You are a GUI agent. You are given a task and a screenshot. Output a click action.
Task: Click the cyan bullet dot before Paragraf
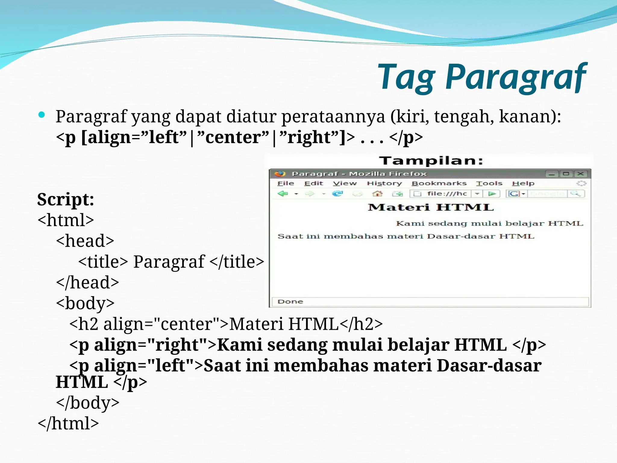pos(42,115)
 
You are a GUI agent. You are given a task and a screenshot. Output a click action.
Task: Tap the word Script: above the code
pos(66,200)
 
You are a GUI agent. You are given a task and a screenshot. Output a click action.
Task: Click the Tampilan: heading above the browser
pos(431,161)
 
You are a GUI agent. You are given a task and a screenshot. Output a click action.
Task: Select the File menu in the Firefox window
pos(285,183)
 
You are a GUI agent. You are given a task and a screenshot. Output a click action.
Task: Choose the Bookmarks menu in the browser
pos(439,183)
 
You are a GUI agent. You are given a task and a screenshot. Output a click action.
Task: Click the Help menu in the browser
pos(523,183)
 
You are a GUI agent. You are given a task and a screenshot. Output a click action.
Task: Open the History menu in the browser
pos(384,183)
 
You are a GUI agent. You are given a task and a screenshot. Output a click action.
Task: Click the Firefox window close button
pos(581,174)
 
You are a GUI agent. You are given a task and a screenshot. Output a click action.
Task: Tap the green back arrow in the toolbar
pos(283,194)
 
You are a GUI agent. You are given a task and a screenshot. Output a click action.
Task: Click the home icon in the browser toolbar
pos(377,194)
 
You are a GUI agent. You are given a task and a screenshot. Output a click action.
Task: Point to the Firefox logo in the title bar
pos(280,174)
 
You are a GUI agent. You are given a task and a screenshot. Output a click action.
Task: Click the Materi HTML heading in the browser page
pos(431,207)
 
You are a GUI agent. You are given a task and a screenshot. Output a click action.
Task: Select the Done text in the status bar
pos(290,302)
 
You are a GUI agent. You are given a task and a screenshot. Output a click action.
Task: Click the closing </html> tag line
pos(68,423)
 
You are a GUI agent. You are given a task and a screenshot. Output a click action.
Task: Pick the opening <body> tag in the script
pos(85,303)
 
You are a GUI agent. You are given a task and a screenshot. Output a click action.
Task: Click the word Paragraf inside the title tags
pos(169,262)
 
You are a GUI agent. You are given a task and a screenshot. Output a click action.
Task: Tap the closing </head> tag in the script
pos(87,282)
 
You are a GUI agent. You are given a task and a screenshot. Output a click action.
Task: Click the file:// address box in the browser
pos(446,194)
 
